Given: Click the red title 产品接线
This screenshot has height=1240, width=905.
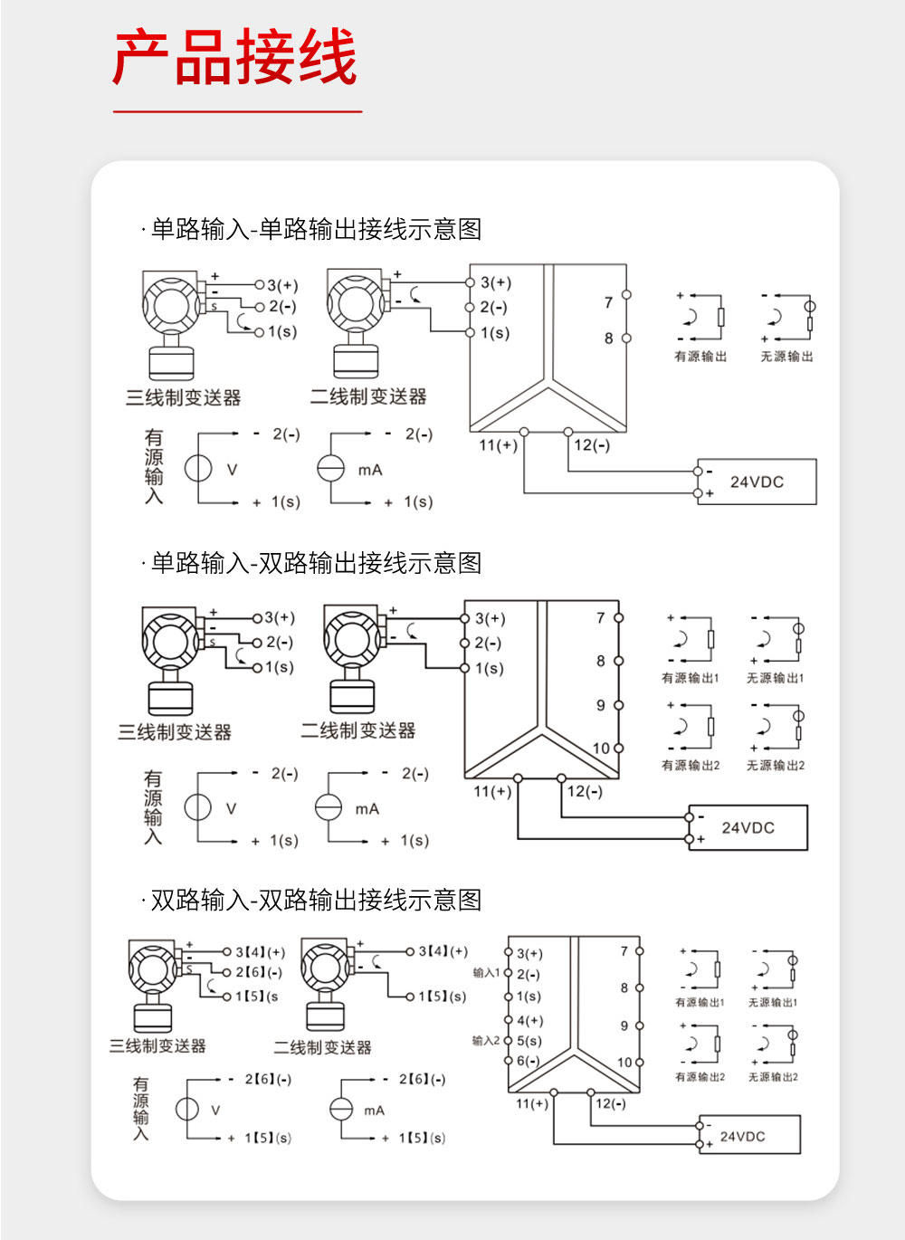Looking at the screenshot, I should [x=235, y=59].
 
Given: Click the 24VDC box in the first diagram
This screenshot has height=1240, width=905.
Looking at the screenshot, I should [x=757, y=482].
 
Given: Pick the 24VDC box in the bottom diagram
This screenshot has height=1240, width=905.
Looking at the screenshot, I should [x=748, y=1136].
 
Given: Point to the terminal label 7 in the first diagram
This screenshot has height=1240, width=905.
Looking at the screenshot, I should [x=608, y=302].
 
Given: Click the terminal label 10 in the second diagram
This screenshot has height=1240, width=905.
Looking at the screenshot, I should [x=601, y=749].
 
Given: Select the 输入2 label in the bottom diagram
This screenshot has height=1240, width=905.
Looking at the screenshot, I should [x=485, y=1041].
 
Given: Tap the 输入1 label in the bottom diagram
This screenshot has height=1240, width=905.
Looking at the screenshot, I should [x=485, y=973].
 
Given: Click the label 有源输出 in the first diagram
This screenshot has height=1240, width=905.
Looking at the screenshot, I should [x=700, y=357].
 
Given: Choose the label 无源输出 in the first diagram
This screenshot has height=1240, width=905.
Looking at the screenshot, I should [x=786, y=357].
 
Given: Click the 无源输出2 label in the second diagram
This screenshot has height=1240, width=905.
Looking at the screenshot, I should [x=775, y=765].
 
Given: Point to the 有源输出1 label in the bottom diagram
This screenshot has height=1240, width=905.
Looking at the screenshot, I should [x=700, y=1003].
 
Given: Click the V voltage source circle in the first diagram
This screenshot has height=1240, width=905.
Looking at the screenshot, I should [x=198, y=468].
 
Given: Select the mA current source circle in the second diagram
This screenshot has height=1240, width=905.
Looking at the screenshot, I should [x=328, y=807].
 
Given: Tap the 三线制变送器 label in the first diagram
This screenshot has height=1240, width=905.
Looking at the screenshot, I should [x=184, y=397].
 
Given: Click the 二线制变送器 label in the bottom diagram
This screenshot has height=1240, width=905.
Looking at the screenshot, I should [x=323, y=1047].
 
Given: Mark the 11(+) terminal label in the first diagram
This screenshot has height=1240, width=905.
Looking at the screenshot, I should [x=498, y=445].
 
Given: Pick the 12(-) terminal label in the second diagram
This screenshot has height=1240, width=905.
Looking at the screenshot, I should [x=585, y=792].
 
